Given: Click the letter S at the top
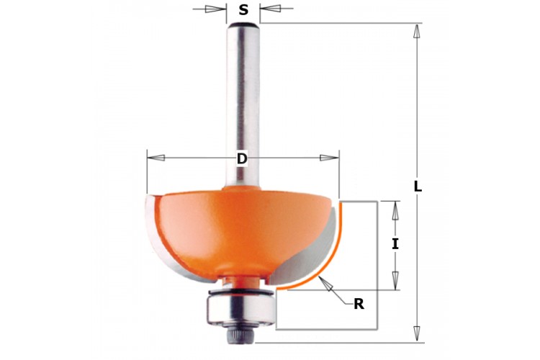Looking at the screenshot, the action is [243, 9].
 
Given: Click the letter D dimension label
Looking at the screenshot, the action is [242, 159].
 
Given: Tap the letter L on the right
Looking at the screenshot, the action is [418, 186].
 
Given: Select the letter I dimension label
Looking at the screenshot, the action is [395, 244].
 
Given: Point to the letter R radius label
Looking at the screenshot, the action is [359, 304].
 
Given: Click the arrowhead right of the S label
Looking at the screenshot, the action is [270, 8].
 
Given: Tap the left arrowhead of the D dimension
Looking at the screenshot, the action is [156, 158].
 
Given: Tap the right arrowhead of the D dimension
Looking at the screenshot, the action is [330, 158].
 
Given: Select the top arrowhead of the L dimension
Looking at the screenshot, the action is [418, 32].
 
